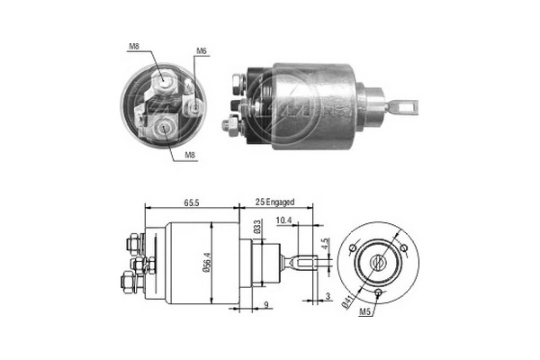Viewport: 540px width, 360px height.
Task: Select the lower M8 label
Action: [x=191, y=155]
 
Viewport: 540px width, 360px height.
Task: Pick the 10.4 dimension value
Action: [x=283, y=220]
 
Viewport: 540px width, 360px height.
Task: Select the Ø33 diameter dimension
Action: [x=256, y=229]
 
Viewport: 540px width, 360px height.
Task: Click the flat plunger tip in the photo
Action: [x=407, y=105]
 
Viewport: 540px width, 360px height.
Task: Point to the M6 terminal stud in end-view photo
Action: [x=196, y=107]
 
